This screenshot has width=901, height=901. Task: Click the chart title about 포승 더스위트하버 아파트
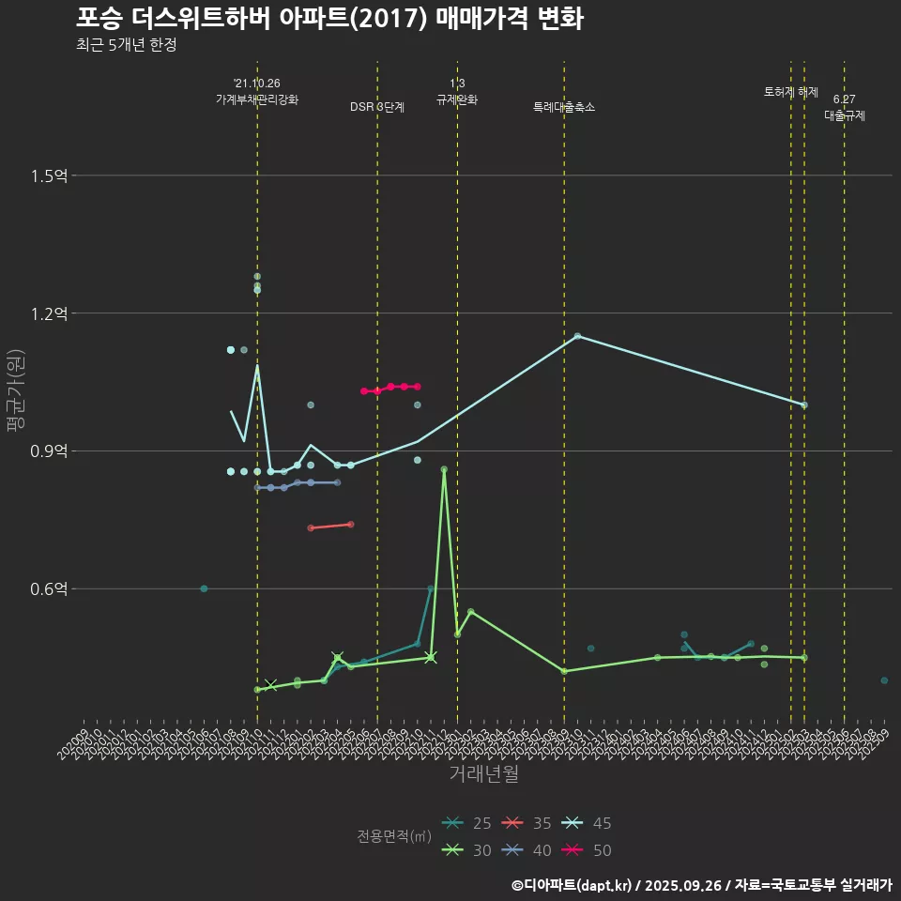coord(329,19)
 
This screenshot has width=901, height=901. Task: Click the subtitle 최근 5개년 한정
coord(127,45)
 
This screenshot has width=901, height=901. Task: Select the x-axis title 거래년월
coord(484,774)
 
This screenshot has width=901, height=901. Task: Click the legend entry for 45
coord(588,824)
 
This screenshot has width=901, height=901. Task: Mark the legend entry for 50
coord(588,850)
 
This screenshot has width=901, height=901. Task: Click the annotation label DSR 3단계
coord(377,107)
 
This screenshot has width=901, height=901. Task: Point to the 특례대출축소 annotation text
coord(564,107)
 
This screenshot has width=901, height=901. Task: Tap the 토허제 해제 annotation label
coord(791,92)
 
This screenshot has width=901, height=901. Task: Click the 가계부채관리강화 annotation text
coord(257,99)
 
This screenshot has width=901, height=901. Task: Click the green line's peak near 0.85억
coord(444,469)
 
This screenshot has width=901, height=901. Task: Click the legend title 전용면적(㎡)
coord(394,837)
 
